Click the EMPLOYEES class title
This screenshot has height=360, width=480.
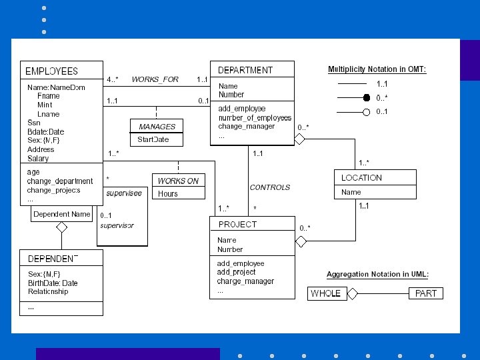click(x=51, y=71)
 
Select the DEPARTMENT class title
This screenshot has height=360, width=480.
click(x=245, y=70)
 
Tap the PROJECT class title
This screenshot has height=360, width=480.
click(x=237, y=225)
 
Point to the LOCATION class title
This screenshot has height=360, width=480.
click(x=361, y=178)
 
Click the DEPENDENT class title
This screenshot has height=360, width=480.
click(x=53, y=259)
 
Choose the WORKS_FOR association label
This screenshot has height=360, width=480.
click(x=155, y=79)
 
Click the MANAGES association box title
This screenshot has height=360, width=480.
click(x=157, y=127)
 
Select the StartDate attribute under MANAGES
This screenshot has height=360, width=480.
click(x=153, y=140)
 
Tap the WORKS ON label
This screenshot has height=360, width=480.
click(x=178, y=181)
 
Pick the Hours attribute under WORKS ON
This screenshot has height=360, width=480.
click(x=168, y=194)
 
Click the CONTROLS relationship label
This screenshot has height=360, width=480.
click(x=270, y=187)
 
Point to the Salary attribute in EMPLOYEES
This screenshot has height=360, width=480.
click(x=38, y=159)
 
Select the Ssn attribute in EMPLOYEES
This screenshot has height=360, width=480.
click(x=33, y=123)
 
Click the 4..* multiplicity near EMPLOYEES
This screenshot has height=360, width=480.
click(x=113, y=79)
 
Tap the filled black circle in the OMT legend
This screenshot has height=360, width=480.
click(x=366, y=98)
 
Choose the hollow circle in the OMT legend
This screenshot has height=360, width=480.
click(x=366, y=112)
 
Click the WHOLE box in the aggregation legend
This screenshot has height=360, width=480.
click(x=326, y=293)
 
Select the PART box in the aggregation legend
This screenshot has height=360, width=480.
click(x=426, y=293)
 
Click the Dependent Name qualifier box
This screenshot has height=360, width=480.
click(x=61, y=214)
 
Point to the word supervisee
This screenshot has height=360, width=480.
click(x=125, y=193)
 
